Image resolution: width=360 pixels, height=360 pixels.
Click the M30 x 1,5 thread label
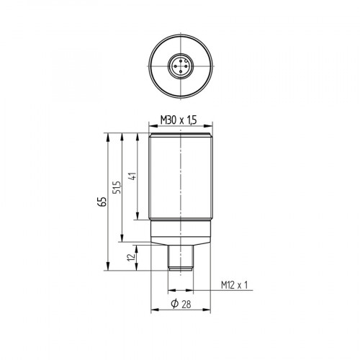tap(179, 121)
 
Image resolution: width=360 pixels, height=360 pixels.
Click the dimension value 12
tap(130, 258)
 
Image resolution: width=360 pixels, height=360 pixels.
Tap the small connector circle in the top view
tap(179, 67)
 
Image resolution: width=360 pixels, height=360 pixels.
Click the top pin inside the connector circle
tap(179, 62)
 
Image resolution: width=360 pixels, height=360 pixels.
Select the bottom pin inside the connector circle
tap(179, 72)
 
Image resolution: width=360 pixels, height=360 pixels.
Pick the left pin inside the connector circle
tap(174, 67)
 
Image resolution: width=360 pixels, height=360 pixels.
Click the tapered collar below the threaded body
tap(179, 233)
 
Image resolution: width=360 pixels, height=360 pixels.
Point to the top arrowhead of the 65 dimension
tap(108, 135)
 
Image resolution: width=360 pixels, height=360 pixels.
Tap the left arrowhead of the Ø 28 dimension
tap(153, 311)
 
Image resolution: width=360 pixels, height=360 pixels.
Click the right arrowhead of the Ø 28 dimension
tap(206, 311)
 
